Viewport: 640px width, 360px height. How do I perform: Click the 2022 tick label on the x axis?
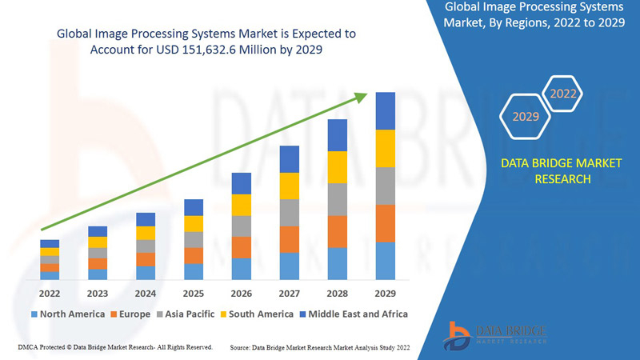pos(50,293)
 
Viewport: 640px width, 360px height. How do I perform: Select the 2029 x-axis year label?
pos(385,293)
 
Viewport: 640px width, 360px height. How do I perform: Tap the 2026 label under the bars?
pos(242,293)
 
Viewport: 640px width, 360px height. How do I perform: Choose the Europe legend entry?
pos(130,314)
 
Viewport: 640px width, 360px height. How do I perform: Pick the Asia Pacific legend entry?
pos(185,314)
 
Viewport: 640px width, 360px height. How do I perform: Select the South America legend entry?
pos(256,314)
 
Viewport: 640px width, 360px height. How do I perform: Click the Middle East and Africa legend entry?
pos(353,314)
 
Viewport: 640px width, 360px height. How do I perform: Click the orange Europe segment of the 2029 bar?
pos(386,223)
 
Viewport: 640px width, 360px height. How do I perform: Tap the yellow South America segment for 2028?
pos(338,166)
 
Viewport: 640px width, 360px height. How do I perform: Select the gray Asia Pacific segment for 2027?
pos(290,213)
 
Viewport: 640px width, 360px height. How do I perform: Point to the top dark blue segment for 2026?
pos(242,183)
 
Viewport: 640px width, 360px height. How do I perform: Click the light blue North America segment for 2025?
pos(194,272)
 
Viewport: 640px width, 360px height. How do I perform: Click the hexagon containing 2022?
pos(563,94)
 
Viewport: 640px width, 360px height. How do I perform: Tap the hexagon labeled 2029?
pos(526,117)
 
